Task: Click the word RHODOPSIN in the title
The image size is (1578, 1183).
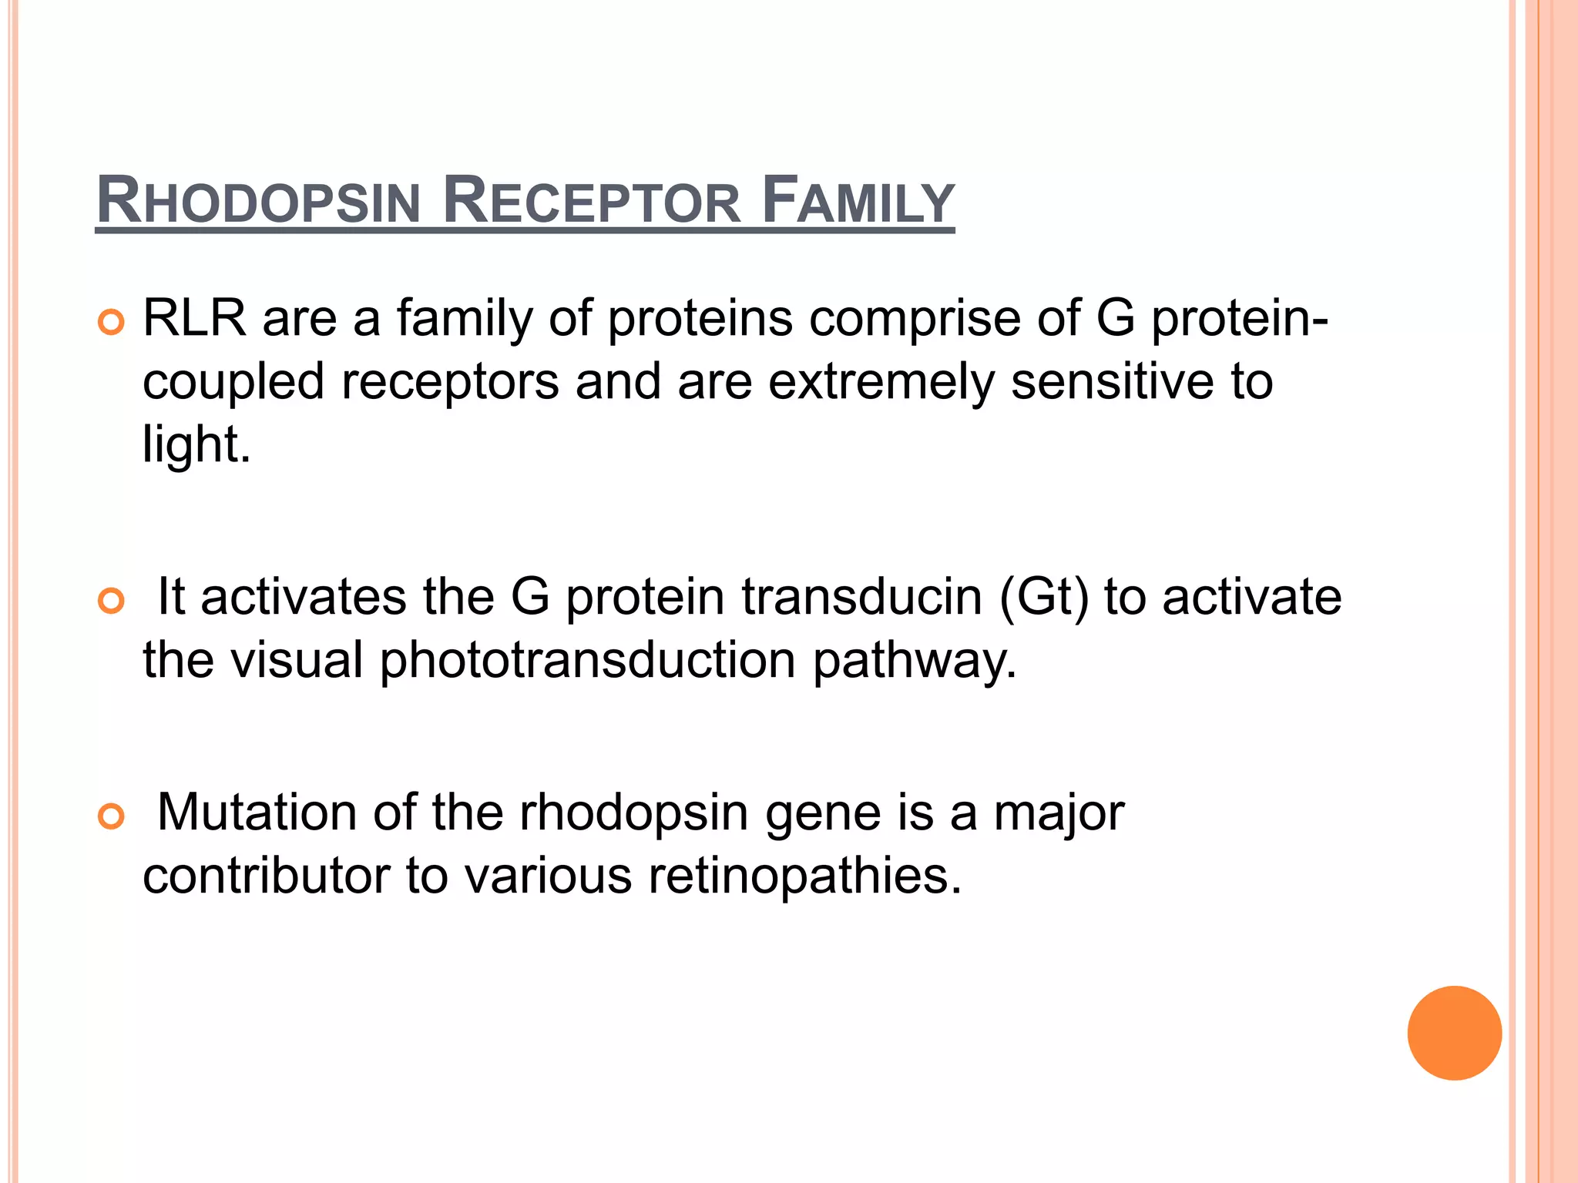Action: tap(258, 202)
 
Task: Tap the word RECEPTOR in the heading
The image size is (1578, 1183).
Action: tap(592, 202)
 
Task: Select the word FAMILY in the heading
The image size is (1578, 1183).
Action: tap(858, 202)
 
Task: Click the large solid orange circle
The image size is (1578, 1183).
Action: tap(1454, 1033)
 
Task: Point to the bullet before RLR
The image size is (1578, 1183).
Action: tap(111, 323)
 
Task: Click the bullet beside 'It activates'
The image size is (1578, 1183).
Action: tap(111, 601)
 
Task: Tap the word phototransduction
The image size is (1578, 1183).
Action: tap(587, 661)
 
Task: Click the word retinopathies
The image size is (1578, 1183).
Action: tap(804, 876)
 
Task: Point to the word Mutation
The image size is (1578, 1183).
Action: tap(257, 813)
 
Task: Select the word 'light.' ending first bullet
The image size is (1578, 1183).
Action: tap(196, 445)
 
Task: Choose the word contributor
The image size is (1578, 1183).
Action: tap(266, 876)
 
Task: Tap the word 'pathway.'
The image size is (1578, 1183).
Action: tap(915, 661)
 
